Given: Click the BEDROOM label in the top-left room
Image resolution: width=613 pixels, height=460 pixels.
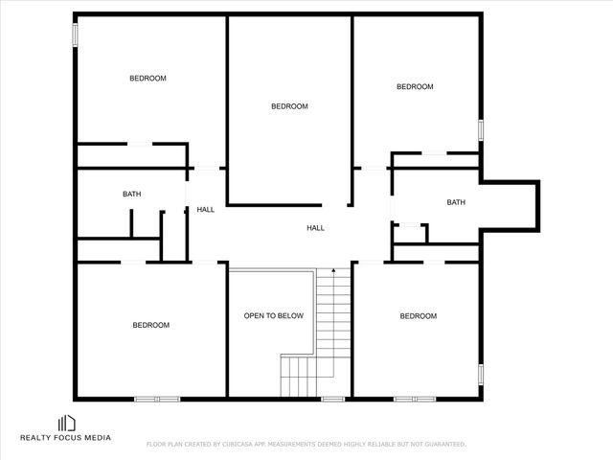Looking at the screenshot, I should pyautogui.click(x=148, y=79).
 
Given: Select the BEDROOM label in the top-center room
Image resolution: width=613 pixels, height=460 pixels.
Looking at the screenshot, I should pyautogui.click(x=289, y=106).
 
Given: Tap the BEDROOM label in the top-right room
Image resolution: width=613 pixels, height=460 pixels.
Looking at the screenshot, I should pyautogui.click(x=415, y=87).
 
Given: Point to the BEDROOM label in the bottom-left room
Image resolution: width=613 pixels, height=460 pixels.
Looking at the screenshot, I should pyautogui.click(x=150, y=326).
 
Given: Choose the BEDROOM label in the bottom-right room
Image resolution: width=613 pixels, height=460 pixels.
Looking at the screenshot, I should pyautogui.click(x=418, y=316).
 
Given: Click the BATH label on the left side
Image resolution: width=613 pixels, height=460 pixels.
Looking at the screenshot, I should pyautogui.click(x=131, y=195).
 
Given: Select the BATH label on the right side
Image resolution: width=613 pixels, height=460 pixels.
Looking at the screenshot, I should pyautogui.click(x=456, y=202).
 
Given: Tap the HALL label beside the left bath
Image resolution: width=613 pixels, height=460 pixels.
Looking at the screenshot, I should pyautogui.click(x=206, y=210).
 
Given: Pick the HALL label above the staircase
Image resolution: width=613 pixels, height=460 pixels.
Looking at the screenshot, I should pyautogui.click(x=315, y=228).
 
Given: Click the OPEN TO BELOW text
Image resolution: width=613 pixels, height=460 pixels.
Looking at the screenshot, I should pyautogui.click(x=273, y=315).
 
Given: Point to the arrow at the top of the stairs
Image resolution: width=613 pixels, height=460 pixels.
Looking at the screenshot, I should pyautogui.click(x=332, y=273).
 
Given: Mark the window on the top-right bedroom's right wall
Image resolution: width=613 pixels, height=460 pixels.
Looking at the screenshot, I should pyautogui.click(x=482, y=130).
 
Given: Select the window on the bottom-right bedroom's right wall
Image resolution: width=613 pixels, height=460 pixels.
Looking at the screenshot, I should pyautogui.click(x=482, y=373).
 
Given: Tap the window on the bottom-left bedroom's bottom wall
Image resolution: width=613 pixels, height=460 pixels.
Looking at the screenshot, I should pyautogui.click(x=157, y=399).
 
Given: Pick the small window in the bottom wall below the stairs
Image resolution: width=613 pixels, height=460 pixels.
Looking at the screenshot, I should pyautogui.click(x=332, y=399).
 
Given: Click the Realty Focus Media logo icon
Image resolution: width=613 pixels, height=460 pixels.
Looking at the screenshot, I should pyautogui.click(x=67, y=423).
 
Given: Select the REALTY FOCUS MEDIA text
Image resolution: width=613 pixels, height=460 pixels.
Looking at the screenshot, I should pyautogui.click(x=66, y=438).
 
